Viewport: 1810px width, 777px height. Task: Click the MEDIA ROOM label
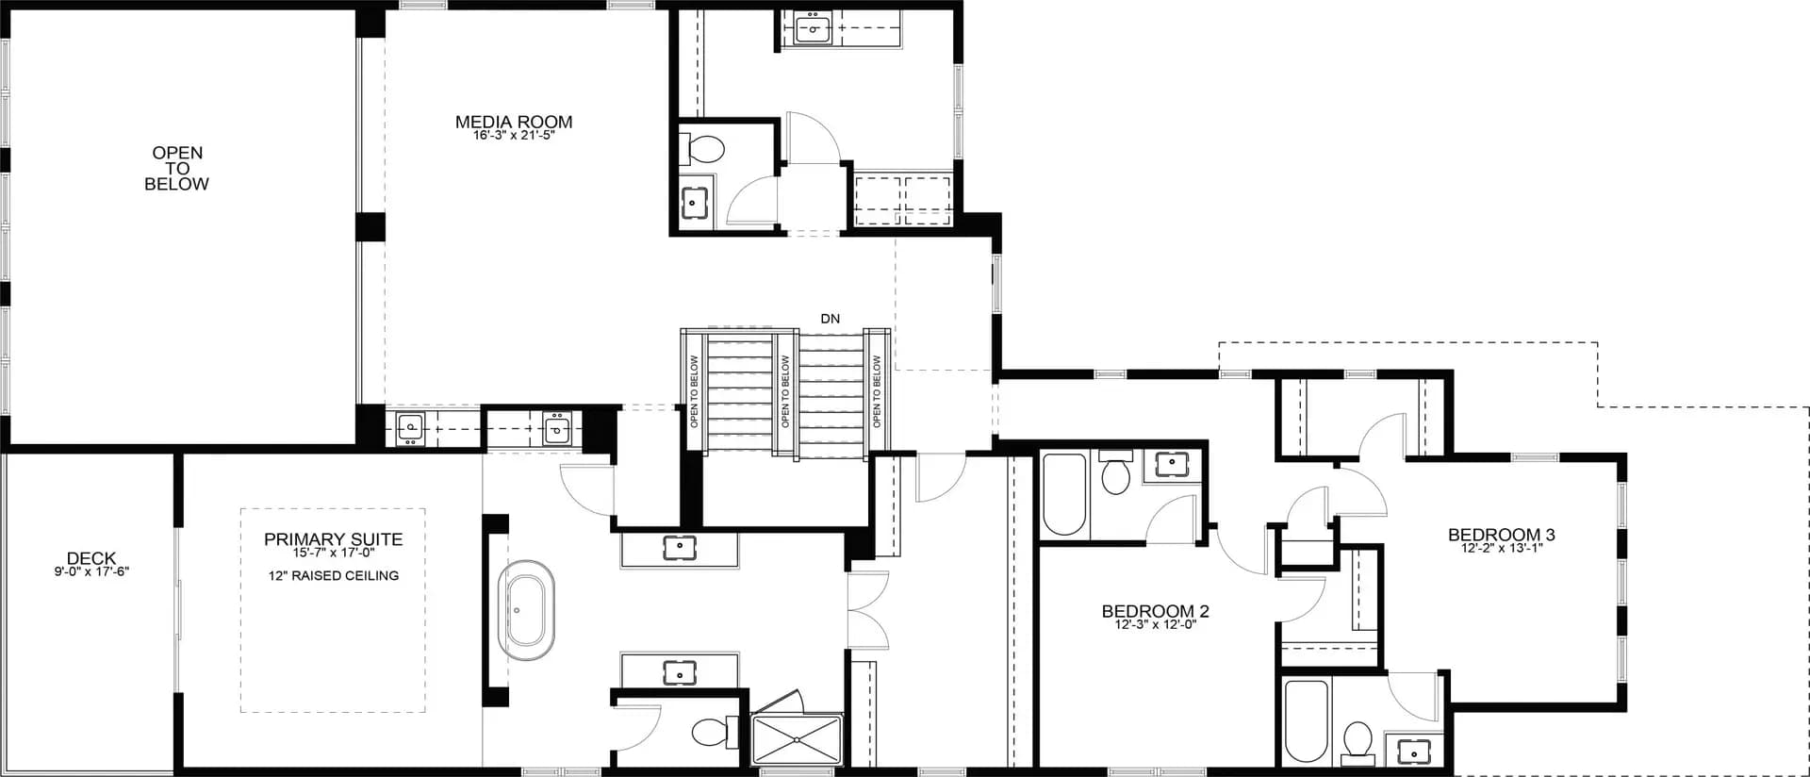[514, 122]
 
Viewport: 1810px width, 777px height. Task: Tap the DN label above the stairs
[830, 319]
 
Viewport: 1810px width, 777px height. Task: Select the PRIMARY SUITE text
[333, 539]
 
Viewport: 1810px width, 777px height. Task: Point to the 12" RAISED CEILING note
[333, 575]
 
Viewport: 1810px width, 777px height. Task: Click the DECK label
[91, 558]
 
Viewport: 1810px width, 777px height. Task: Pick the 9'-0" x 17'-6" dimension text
[91, 571]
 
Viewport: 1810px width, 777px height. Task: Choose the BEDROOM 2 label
[1155, 611]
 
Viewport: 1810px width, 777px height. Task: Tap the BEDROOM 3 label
[1501, 535]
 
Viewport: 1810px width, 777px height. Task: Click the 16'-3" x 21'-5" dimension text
[514, 136]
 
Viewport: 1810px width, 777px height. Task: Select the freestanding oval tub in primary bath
[526, 610]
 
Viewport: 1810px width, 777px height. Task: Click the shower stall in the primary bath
[797, 739]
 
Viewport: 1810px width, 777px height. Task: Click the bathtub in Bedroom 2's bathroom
[1064, 494]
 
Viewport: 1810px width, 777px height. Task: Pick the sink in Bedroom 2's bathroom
[1172, 463]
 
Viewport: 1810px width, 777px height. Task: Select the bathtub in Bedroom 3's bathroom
[1306, 720]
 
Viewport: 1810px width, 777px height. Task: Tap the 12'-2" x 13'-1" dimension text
[1501, 548]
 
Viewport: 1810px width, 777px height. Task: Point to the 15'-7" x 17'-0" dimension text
[333, 553]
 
